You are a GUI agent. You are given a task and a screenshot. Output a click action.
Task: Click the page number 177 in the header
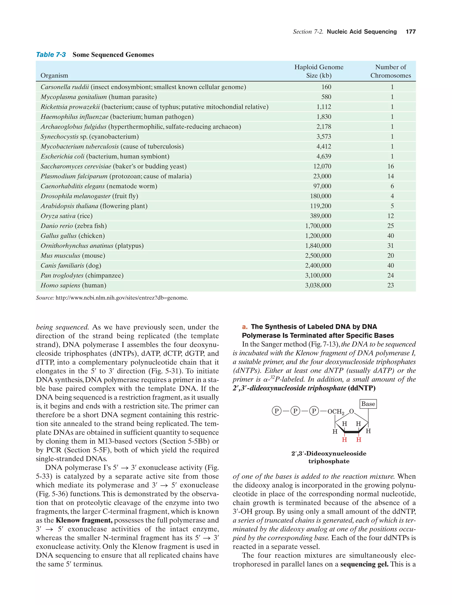[411, 32]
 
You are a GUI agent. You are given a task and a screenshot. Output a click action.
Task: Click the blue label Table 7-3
[51, 55]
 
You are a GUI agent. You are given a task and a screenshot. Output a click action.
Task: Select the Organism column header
[54, 75]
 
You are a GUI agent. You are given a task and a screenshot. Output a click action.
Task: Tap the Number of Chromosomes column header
[390, 71]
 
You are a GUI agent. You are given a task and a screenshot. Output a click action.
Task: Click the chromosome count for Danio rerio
[390, 226]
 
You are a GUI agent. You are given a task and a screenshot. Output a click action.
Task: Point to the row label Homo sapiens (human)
[73, 286]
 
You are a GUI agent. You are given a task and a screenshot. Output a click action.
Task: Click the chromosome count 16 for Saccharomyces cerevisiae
[390, 166]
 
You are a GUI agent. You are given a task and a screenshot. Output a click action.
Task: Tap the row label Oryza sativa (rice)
[66, 216]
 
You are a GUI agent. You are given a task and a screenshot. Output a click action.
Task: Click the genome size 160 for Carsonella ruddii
[326, 87]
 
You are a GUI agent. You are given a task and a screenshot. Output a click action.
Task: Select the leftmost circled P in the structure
[277, 411]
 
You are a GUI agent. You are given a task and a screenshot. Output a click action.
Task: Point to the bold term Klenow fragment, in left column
[84, 520]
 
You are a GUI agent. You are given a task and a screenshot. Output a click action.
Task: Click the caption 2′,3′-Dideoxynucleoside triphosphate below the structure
[328, 457]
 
